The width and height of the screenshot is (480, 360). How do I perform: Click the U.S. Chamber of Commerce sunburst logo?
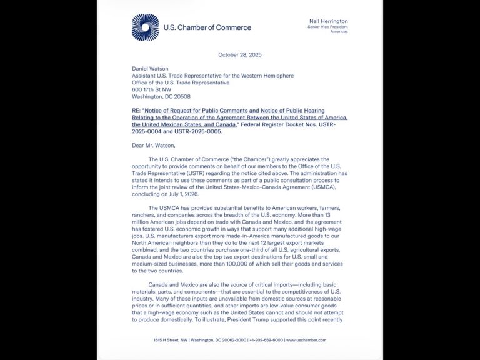145,27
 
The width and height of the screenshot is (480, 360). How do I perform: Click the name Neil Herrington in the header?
328,21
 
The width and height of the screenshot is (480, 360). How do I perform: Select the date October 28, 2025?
240,54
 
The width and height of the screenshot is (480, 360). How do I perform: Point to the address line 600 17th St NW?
154,89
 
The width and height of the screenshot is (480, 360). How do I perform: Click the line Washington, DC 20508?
161,96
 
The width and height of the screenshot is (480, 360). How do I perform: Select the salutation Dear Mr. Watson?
154,146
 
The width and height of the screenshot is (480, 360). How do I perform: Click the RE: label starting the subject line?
136,111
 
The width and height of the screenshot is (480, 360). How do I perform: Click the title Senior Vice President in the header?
327,27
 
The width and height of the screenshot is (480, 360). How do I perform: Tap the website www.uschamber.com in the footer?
306,340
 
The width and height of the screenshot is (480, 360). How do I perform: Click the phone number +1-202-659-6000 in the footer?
266,340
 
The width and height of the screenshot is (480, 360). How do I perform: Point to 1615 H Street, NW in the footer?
171,340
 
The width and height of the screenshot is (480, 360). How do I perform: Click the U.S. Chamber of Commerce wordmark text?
207,27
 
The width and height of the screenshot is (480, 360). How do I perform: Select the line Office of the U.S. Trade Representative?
181,82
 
